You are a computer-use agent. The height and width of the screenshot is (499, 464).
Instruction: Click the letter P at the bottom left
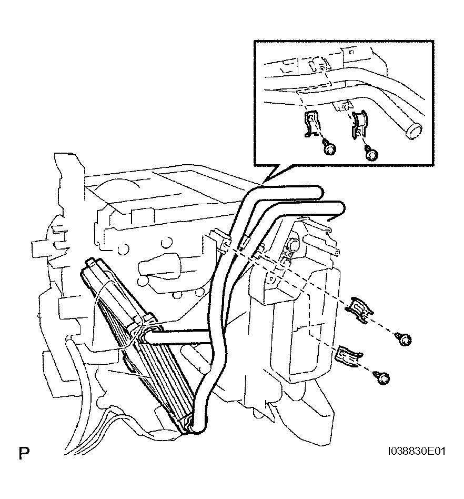[24, 453]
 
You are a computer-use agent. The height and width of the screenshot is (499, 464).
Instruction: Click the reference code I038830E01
[417, 451]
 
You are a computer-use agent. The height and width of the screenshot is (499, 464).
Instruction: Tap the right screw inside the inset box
[371, 154]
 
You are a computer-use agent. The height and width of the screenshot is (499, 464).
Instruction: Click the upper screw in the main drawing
[404, 339]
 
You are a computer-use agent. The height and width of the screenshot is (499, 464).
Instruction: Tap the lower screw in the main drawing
[382, 377]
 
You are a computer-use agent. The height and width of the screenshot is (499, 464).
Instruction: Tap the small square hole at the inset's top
[351, 52]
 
